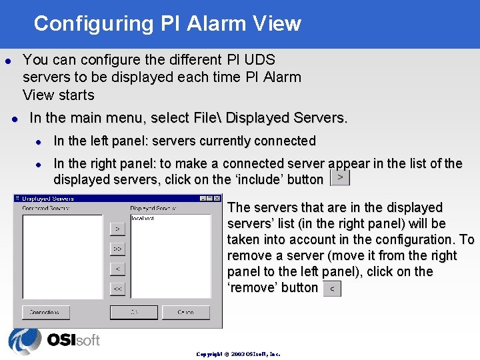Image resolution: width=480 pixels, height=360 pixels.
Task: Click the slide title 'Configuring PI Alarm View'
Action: [167, 23]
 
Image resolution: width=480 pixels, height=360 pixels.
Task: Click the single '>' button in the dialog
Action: [117, 229]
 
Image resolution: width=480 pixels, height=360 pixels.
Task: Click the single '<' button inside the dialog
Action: [117, 269]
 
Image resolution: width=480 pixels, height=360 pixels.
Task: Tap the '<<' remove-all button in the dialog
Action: [117, 289]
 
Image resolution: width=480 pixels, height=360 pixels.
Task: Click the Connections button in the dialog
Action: [45, 312]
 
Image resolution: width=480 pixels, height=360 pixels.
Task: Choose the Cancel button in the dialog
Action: [185, 312]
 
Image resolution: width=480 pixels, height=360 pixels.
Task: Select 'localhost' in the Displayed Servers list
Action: [143, 218]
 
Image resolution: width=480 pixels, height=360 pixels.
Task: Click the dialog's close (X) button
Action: [217, 198]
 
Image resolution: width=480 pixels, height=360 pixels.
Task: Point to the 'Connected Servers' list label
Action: [45, 208]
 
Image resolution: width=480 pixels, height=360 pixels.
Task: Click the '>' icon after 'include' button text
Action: [340, 178]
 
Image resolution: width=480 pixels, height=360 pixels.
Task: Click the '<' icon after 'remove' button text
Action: [331, 289]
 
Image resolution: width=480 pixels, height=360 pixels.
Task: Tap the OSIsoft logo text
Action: [73, 340]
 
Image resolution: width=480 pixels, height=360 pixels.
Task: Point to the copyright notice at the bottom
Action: [238, 354]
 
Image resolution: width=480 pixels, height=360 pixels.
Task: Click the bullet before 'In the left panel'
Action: [39, 141]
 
